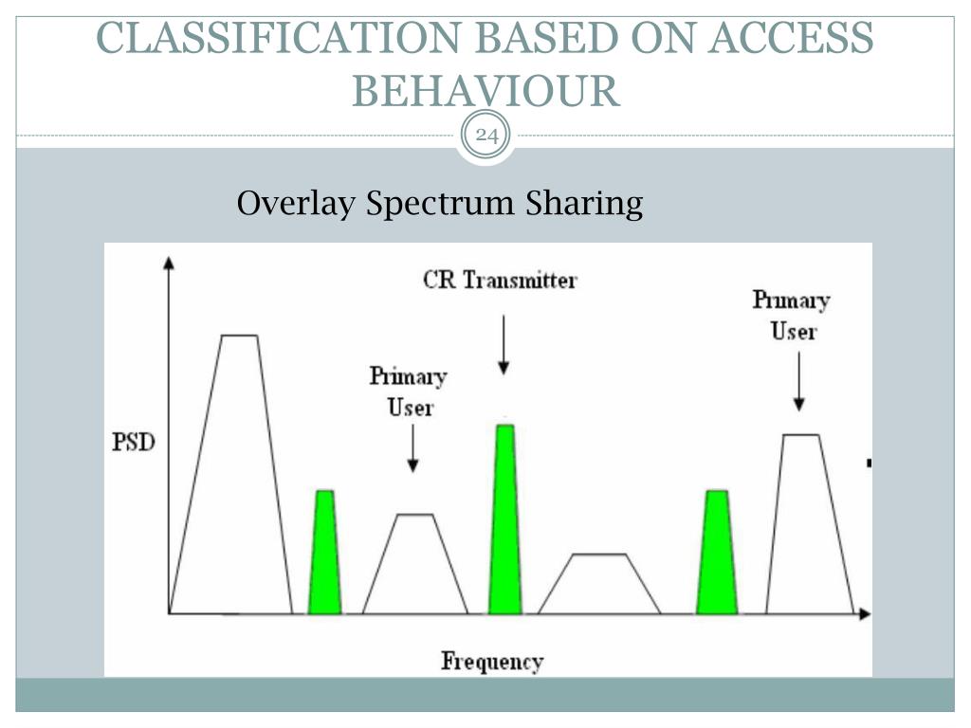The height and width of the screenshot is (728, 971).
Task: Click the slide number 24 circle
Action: (486, 136)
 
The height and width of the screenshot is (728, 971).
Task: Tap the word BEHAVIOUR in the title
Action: (485, 92)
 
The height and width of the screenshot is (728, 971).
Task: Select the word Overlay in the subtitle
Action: (297, 204)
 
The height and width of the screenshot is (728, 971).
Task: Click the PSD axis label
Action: (134, 443)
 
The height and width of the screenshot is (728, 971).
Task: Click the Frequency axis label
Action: (492, 661)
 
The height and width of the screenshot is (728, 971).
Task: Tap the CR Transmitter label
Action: (500, 280)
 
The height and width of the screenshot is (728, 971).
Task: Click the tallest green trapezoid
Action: (505, 521)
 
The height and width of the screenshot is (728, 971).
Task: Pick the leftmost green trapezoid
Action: (325, 555)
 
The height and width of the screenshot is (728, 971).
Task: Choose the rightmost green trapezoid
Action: (717, 555)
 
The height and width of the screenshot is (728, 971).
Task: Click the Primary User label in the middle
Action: (409, 391)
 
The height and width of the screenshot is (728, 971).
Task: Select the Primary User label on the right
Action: (791, 315)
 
